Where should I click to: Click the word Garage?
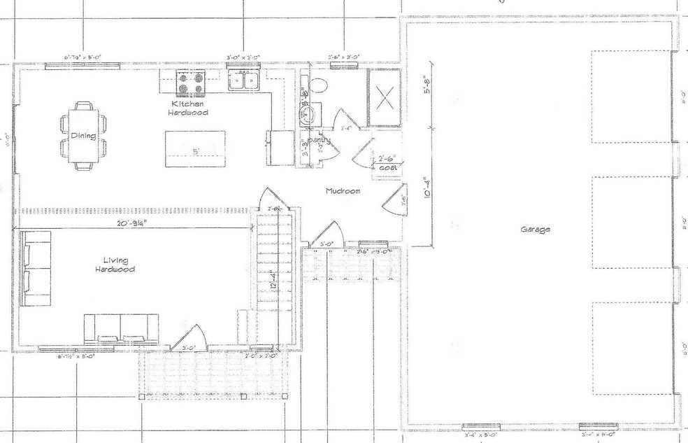pos(535,230)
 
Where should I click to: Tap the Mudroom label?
pos(343,190)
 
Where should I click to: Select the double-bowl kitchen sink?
pos(244,81)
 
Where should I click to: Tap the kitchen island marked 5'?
pos(195,150)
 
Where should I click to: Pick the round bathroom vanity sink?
pos(307,115)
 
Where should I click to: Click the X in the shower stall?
pos(384,99)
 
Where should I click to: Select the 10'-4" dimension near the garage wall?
pos(428,189)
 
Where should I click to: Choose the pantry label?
pos(318,141)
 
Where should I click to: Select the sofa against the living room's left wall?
pos(34,269)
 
